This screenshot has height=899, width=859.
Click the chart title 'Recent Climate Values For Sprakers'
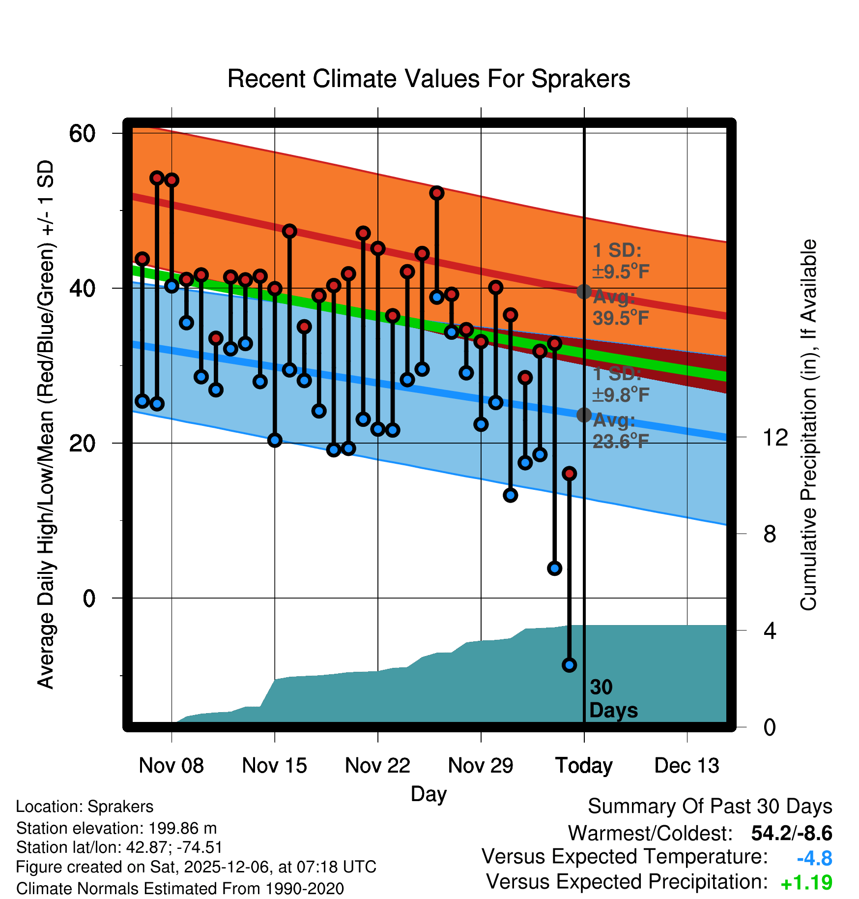point(429,79)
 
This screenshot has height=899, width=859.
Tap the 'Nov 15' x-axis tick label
point(274,766)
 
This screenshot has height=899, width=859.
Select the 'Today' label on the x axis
point(584,766)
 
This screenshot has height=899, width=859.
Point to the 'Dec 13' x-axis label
point(687,766)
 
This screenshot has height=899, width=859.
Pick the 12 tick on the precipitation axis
point(775,437)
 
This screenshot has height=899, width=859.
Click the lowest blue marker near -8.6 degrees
point(569,665)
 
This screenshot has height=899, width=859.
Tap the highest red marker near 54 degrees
point(157,178)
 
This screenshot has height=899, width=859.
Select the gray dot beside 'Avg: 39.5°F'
point(584,291)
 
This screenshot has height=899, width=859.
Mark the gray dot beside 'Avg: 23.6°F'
point(584,415)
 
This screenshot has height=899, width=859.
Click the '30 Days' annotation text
point(613,699)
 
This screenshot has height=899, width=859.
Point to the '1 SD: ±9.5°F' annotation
point(621,261)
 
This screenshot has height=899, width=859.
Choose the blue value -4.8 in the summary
point(814,858)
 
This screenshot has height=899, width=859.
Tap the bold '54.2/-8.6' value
point(791,833)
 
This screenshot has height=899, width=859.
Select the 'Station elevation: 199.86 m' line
point(116,828)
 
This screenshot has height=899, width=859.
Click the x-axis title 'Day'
point(429,794)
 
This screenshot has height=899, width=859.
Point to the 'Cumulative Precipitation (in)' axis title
point(808,425)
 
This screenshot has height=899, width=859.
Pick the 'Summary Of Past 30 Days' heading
point(710,807)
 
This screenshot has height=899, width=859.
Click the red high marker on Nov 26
point(437,193)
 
